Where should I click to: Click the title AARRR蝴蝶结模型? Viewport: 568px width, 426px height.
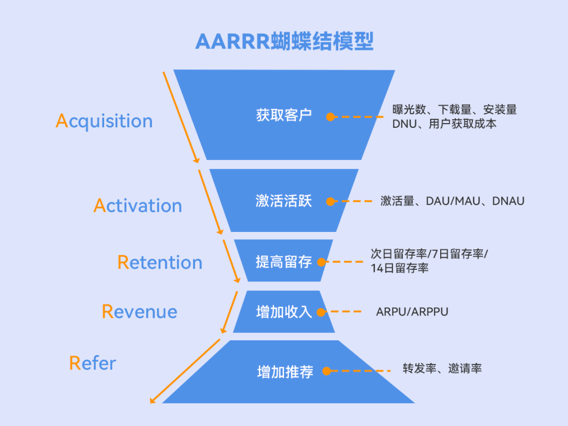point(284,42)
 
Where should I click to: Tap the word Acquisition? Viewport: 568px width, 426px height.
point(104,121)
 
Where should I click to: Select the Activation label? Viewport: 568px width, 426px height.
point(138,206)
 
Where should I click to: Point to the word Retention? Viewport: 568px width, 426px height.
point(160,262)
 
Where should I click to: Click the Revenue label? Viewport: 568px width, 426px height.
point(139,311)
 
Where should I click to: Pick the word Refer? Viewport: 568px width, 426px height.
point(93,363)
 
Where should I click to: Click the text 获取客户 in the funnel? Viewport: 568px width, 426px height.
point(284,115)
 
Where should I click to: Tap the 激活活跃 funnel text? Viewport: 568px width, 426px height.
point(284,201)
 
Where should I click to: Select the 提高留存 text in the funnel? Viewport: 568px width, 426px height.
point(284,261)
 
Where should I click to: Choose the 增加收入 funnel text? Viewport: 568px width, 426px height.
point(284,312)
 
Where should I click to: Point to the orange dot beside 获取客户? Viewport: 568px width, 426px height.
point(330,117)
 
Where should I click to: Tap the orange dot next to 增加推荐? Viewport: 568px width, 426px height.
point(327,371)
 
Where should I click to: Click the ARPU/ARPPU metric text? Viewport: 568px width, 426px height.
point(412,312)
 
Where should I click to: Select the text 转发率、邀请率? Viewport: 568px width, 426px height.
point(442,369)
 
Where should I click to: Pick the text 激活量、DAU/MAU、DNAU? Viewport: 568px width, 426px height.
point(452,201)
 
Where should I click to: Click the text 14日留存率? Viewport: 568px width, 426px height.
point(400,268)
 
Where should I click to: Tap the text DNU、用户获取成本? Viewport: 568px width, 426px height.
point(444,124)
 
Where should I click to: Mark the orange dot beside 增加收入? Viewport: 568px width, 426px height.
point(323,311)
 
